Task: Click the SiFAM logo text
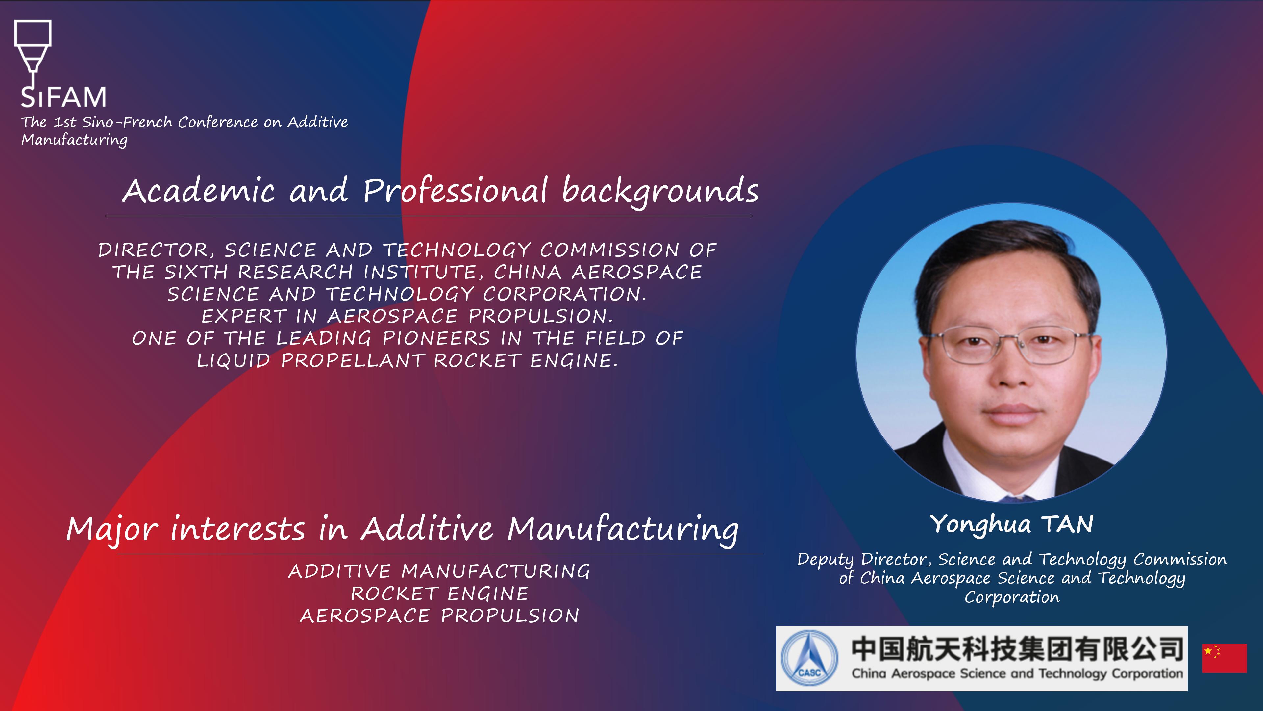click(63, 97)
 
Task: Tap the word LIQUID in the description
click(234, 361)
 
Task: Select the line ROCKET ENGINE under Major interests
click(440, 594)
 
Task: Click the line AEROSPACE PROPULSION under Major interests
click(440, 616)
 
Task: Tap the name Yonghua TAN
click(1012, 525)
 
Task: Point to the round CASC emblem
click(809, 658)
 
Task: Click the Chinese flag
click(1224, 658)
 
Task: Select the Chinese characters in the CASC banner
click(1017, 649)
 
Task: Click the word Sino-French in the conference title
click(127, 122)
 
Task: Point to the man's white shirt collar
click(1010, 471)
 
